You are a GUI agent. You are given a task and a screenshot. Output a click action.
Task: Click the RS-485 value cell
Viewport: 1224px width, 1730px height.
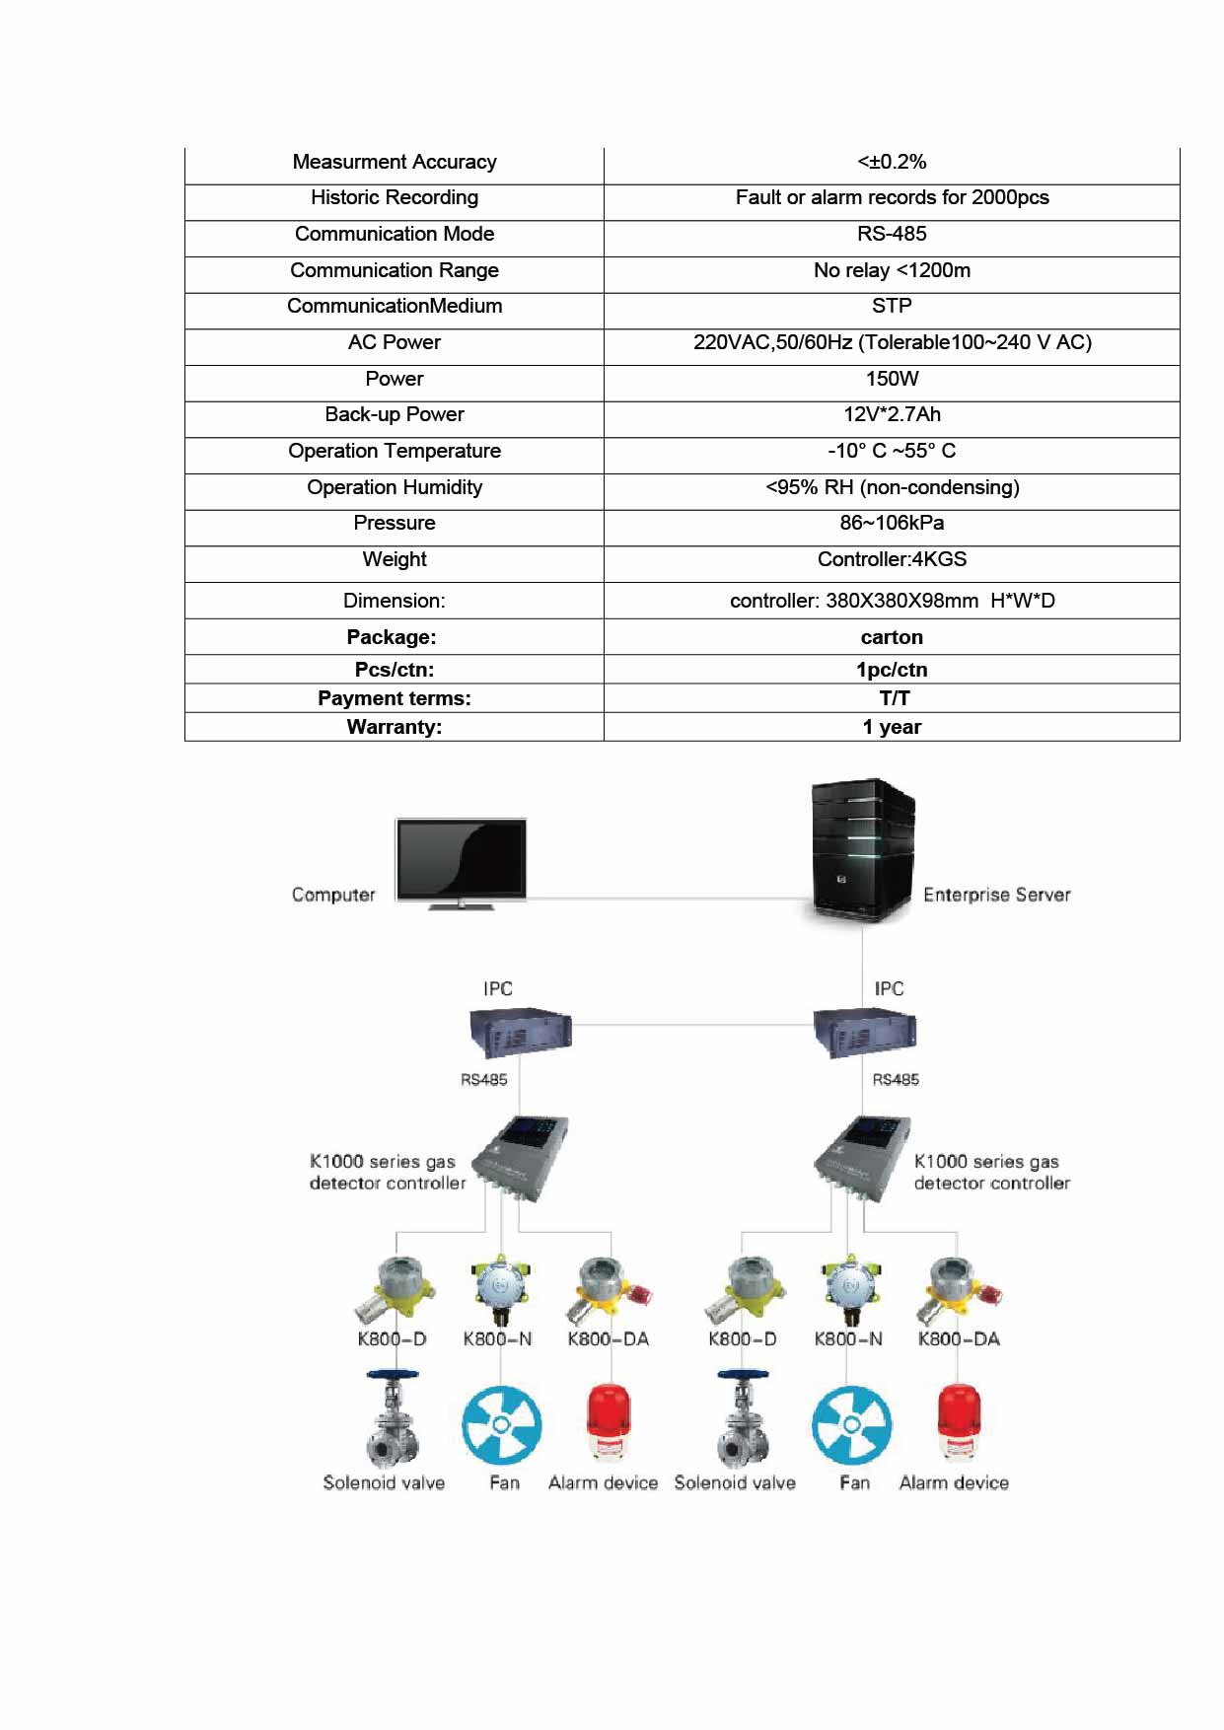click(x=892, y=234)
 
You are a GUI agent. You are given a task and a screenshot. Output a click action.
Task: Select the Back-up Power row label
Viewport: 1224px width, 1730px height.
click(x=395, y=414)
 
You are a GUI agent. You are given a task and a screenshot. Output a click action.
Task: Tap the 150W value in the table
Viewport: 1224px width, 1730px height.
click(x=892, y=379)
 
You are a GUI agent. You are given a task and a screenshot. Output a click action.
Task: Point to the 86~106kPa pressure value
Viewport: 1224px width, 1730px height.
click(x=892, y=523)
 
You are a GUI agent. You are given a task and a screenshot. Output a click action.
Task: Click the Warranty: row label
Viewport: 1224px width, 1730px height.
click(x=395, y=727)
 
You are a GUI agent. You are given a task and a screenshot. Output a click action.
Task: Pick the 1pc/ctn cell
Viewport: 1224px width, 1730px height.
click(x=892, y=670)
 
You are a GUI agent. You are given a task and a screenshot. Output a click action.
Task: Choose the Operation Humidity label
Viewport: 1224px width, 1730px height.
click(x=395, y=487)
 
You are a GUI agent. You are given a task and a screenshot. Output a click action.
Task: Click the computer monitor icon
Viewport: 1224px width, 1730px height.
click(x=461, y=861)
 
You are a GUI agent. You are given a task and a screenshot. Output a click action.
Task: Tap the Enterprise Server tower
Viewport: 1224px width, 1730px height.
click(x=861, y=851)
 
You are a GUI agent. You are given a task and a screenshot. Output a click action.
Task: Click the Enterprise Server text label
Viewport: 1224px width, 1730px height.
click(x=996, y=895)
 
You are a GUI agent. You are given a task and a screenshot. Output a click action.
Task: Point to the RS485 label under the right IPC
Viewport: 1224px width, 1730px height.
click(x=896, y=1080)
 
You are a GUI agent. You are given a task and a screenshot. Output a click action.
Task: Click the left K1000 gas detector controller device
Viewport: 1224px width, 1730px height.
click(x=521, y=1158)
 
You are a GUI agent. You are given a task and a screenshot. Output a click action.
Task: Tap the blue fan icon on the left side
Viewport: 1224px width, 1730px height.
click(x=502, y=1425)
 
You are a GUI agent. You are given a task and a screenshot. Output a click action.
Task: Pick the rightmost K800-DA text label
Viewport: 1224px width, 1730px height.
click(x=959, y=1338)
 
